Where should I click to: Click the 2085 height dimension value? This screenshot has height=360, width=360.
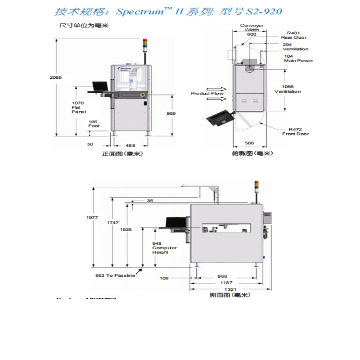[56, 77]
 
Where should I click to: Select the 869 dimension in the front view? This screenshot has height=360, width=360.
[171, 113]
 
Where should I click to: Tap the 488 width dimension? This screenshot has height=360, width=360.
[130, 145]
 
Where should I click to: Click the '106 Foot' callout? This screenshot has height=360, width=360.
[93, 124]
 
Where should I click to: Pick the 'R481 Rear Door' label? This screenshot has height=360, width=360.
[294, 35]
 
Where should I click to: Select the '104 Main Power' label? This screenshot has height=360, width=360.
[298, 58]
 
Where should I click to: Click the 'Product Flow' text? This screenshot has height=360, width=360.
[207, 94]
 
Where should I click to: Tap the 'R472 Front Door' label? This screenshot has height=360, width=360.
[296, 131]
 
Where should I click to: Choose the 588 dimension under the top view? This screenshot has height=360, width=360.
[249, 143]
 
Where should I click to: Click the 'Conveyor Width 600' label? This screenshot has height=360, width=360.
[252, 30]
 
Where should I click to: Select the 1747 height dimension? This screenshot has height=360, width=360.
[112, 223]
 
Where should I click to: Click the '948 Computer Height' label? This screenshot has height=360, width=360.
[164, 247]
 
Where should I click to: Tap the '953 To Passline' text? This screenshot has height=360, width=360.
[115, 275]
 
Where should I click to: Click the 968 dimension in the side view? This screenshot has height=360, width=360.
[222, 276]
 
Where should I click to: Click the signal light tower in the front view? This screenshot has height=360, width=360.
[145, 44]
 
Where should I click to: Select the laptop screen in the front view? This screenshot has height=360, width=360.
[100, 85]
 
